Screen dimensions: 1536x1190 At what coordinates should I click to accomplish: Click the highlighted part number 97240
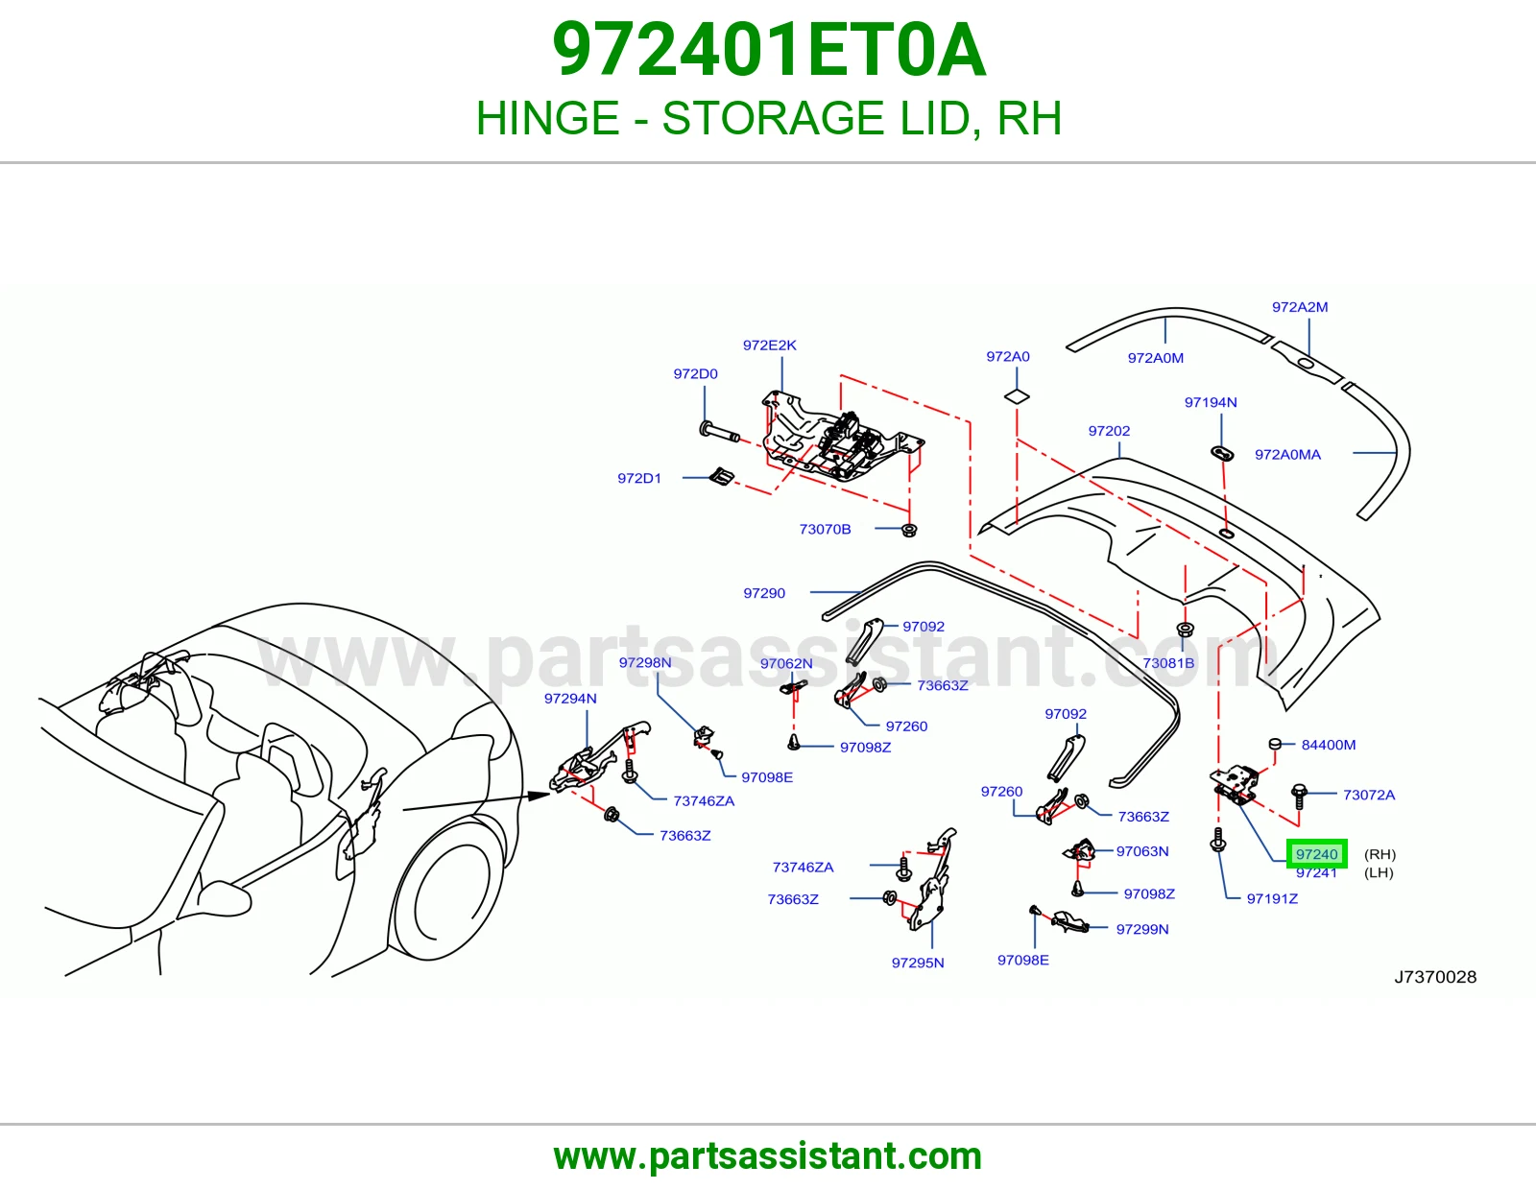[x=1317, y=854]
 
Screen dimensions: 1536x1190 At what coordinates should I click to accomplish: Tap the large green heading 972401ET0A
[x=768, y=50]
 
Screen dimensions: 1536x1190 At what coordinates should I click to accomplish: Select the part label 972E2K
[x=769, y=345]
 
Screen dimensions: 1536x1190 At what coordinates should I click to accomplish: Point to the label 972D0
[x=695, y=374]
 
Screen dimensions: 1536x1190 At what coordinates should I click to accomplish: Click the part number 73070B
[x=825, y=529]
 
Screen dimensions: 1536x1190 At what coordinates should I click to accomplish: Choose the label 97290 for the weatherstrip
[x=764, y=593]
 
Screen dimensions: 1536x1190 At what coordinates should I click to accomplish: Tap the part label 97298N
[x=645, y=662]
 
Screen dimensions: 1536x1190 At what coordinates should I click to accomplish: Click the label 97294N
[x=569, y=699]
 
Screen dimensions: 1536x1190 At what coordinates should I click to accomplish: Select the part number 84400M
[x=1329, y=744]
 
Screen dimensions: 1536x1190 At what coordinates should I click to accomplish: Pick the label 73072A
[x=1369, y=795]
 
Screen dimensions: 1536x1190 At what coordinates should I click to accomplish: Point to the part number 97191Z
[x=1272, y=898]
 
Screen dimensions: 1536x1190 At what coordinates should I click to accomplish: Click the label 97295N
[x=918, y=963]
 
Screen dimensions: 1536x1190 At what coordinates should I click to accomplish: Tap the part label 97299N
[x=1142, y=929]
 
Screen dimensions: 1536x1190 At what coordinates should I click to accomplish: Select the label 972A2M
[x=1300, y=307]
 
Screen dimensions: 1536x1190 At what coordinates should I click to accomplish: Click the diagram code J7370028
[x=1435, y=977]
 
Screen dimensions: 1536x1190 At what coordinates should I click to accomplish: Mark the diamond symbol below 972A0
[x=1017, y=396]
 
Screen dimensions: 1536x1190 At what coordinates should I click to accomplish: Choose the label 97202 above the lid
[x=1109, y=430]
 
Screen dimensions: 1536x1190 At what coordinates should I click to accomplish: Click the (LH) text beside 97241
[x=1379, y=872]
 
